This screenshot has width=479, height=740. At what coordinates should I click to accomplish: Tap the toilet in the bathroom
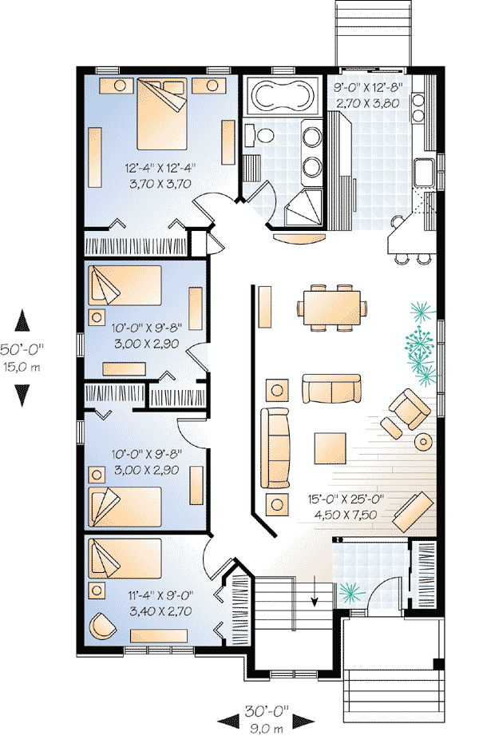pos(253,132)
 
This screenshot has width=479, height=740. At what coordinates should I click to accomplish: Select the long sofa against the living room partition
pos(277,447)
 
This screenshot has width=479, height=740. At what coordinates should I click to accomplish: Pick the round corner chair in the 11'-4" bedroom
pos(101,624)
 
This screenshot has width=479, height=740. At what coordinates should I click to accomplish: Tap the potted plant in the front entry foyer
pos(349,591)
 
